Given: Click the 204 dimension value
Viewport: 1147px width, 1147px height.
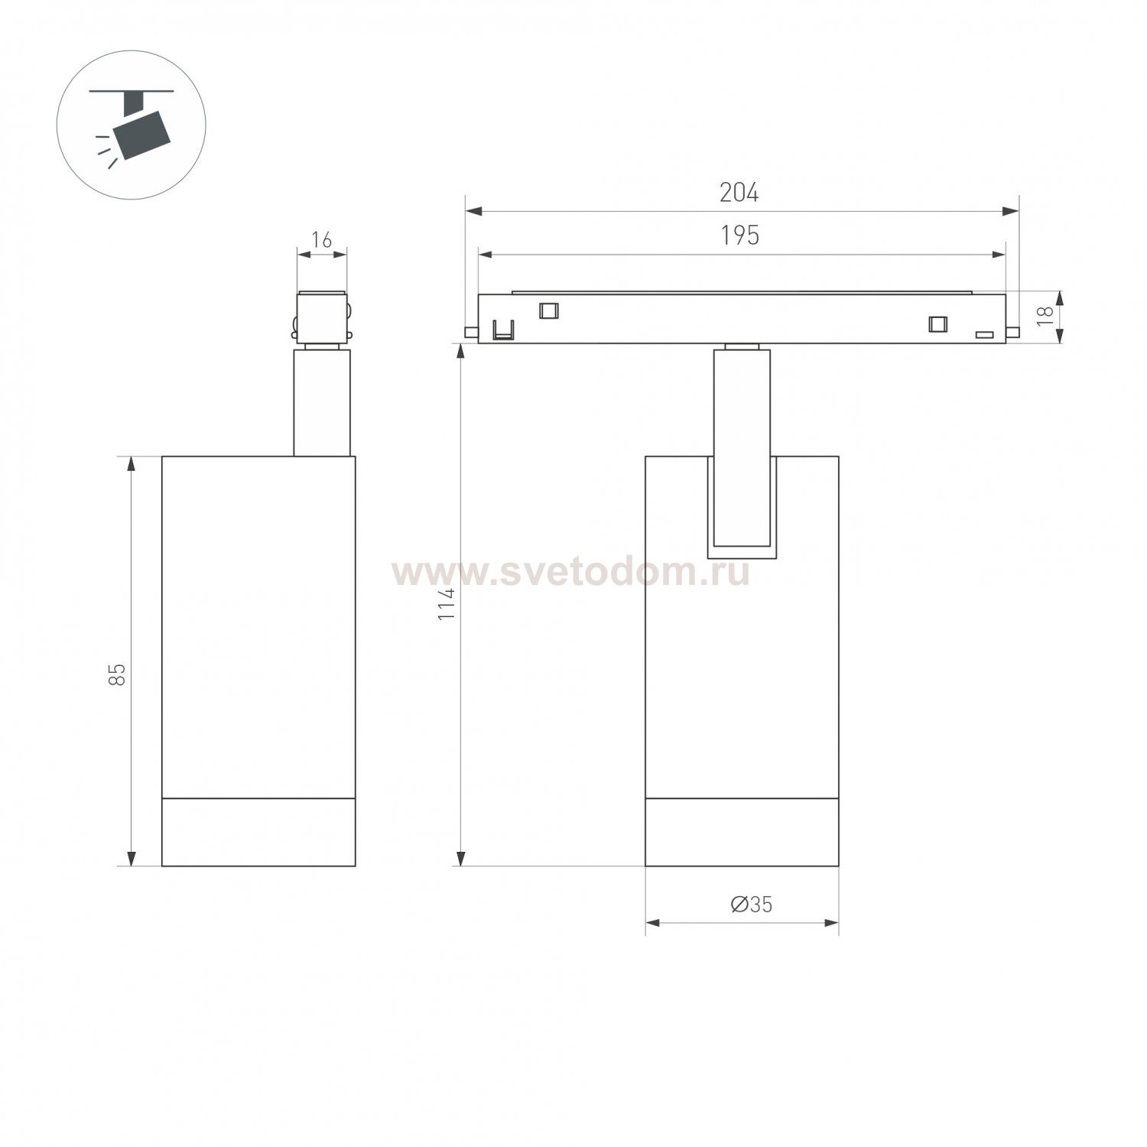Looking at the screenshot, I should point(739,193).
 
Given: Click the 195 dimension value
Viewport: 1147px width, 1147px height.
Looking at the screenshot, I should point(740,236).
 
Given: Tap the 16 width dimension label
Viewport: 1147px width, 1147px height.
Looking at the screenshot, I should point(322,240).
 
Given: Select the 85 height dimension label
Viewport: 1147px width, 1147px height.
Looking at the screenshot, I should point(117,674).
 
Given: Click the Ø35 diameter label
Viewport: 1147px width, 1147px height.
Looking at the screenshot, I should point(751,905).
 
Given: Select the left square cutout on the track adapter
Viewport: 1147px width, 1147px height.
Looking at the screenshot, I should point(548,310).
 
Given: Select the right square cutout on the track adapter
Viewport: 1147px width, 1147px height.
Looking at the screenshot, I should point(937,323).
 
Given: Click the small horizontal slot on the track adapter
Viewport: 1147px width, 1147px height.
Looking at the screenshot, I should point(983,335).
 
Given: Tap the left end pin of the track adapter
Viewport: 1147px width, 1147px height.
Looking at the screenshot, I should point(471,332).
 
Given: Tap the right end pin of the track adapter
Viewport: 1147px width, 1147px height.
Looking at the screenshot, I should point(1012,332).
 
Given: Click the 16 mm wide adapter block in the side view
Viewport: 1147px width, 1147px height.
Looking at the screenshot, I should point(322,317).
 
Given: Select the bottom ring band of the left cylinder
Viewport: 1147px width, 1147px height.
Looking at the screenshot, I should point(258,832).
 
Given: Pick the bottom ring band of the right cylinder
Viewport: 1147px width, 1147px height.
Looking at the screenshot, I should point(742,832).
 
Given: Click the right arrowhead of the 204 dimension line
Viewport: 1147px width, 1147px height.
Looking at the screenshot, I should point(1011,211).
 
